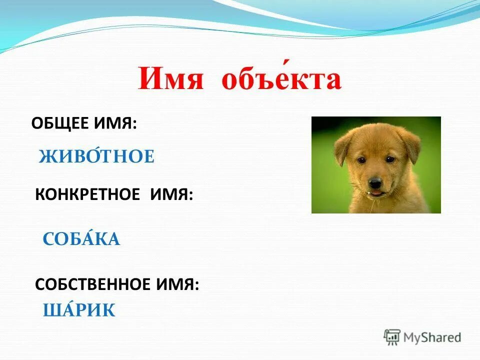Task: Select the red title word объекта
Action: [281, 79]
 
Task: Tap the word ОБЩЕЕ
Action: [59, 123]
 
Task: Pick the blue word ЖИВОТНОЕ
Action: [96, 157]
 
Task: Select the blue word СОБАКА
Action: [81, 239]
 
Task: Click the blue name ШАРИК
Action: [79, 310]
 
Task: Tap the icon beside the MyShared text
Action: [392, 336]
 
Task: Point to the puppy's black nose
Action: [375, 180]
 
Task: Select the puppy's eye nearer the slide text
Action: [361, 159]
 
